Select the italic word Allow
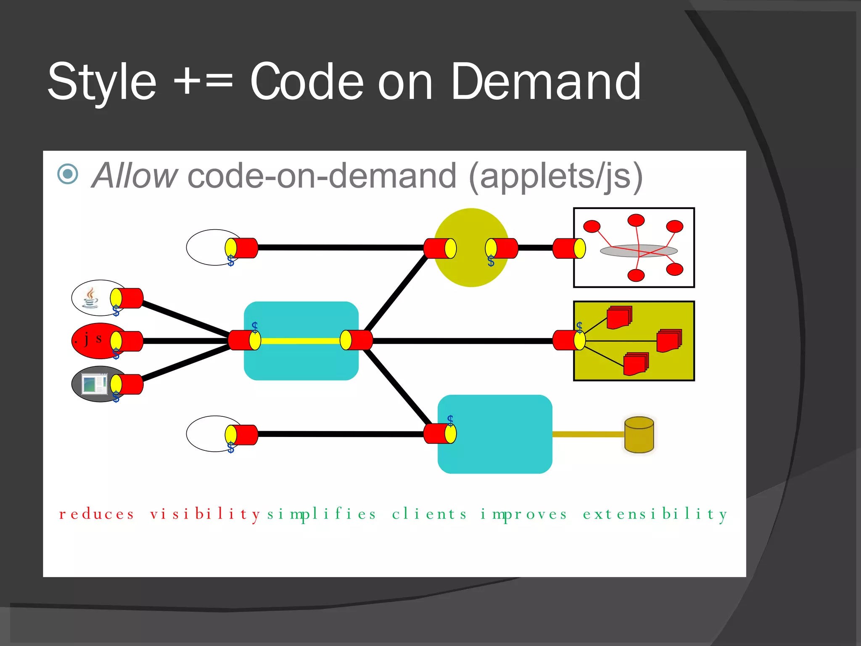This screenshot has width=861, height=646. tap(135, 176)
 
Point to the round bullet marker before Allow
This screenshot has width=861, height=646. tap(68, 174)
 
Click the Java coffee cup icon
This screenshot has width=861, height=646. tap(90, 298)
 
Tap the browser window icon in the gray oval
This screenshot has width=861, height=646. tap(94, 384)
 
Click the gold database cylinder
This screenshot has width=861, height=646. tap(639, 435)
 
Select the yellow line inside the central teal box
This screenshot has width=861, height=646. tap(300, 341)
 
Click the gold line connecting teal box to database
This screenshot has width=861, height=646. tap(589, 434)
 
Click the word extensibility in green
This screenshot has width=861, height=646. tap(655, 514)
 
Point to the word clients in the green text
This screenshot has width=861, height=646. tap(429, 514)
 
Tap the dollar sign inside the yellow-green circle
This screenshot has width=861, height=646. tap(491, 261)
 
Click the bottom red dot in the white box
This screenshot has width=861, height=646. tap(636, 275)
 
